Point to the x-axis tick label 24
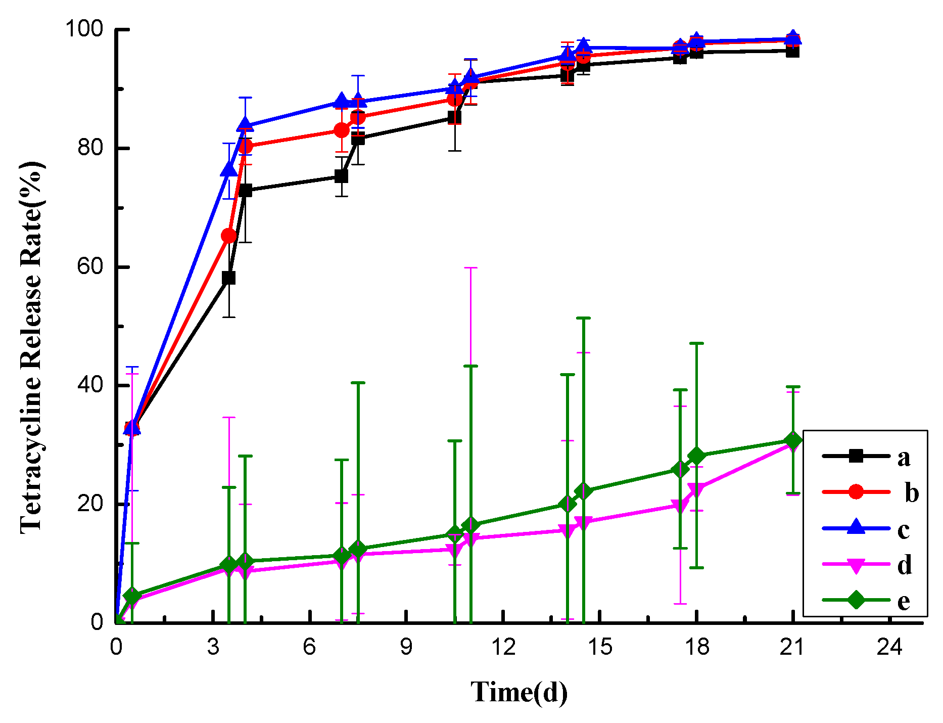click(889, 647)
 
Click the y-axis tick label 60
click(90, 266)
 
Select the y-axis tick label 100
click(84, 29)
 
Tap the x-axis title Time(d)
click(519, 692)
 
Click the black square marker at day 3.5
click(228, 278)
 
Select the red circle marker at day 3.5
click(228, 236)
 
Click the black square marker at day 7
click(342, 176)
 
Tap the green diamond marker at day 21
click(792, 441)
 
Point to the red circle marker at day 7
click(342, 130)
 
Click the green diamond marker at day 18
click(696, 456)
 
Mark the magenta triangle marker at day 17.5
click(680, 506)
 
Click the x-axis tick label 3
click(213, 647)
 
